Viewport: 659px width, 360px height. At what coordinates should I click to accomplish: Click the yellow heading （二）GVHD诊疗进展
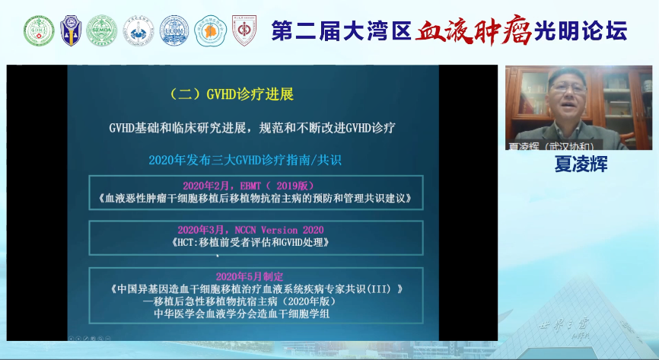coord(232,95)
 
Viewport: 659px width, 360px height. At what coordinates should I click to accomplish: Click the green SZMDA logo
coord(101,31)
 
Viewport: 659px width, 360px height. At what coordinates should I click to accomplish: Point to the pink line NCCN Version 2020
coord(250,229)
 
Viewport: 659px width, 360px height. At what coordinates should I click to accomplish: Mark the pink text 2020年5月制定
coord(251,276)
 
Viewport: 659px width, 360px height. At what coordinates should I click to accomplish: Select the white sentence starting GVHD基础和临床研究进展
coord(250,127)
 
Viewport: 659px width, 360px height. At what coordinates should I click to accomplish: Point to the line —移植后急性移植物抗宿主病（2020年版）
coord(250,302)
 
